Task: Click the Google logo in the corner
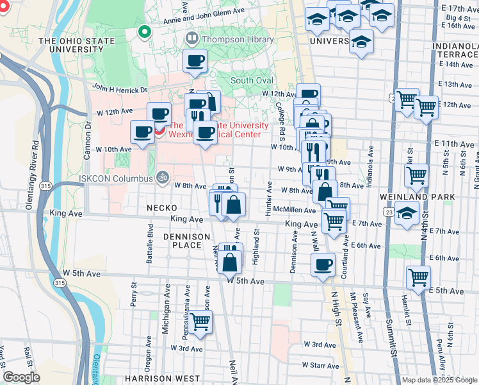click(22, 377)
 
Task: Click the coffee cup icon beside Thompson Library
click(195, 62)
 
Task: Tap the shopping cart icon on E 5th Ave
click(419, 278)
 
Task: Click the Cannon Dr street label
click(88, 134)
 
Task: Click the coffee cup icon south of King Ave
click(323, 264)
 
